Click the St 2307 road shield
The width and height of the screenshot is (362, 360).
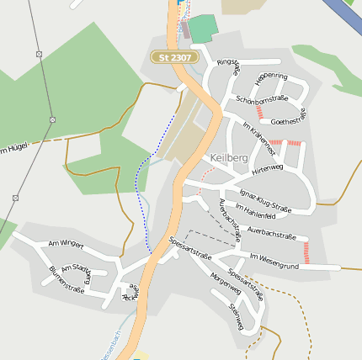click(174, 57)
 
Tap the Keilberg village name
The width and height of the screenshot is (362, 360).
click(229, 157)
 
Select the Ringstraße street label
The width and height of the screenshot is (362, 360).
click(229, 66)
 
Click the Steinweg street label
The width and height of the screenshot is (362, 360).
click(236, 315)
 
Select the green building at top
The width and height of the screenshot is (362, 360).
click(202, 29)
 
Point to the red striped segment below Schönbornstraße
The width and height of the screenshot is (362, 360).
click(259, 110)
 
